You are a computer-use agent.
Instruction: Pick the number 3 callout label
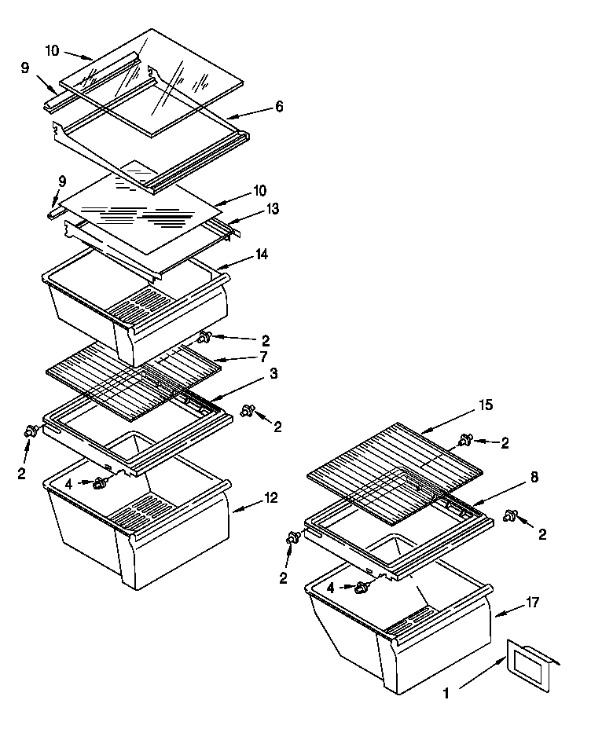click(x=272, y=374)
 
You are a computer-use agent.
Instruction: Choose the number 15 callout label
click(x=485, y=405)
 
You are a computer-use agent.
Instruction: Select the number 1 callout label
click(x=447, y=695)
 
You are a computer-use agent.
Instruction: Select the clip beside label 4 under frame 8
click(x=362, y=588)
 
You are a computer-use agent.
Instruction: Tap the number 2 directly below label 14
click(x=265, y=340)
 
